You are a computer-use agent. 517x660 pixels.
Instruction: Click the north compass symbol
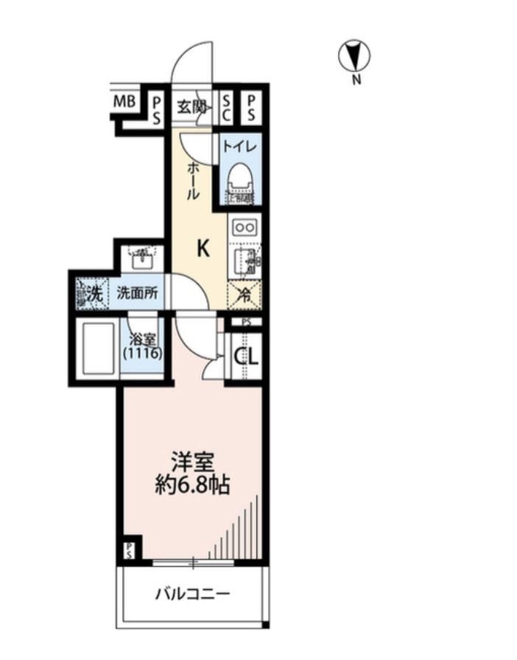pos(354,56)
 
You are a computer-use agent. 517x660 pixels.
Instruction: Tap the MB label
pos(123,102)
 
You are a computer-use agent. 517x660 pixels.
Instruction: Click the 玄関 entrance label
pos(191,108)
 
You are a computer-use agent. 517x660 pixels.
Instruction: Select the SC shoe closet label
pos(226,108)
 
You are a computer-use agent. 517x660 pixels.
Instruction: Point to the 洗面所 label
pos(137,292)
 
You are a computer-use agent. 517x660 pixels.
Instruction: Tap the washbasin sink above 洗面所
pos(142,259)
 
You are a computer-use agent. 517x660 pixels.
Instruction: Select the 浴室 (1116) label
pos(143,348)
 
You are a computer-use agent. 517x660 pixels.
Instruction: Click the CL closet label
pos(246,357)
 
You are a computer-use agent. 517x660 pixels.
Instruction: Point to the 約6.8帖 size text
pos(192,485)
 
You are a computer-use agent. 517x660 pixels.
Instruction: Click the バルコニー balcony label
pos(192,594)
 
